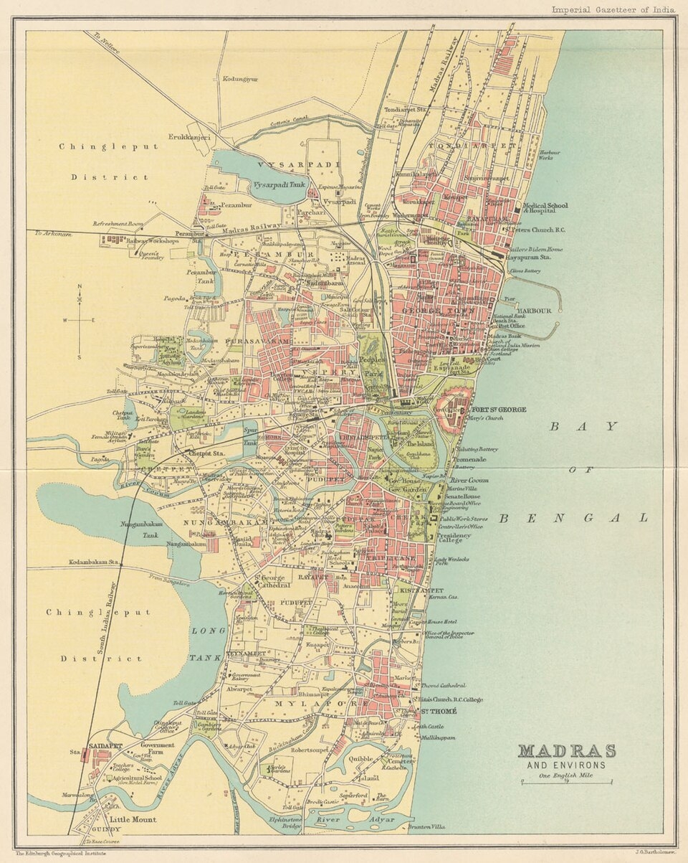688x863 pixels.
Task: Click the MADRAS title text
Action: pyautogui.click(x=566, y=751)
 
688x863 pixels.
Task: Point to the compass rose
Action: pyautogui.click(x=80, y=320)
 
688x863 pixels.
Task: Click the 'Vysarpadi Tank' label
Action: pyautogui.click(x=278, y=184)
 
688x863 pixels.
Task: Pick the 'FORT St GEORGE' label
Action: pyautogui.click(x=499, y=410)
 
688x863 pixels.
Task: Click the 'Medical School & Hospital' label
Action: pyautogui.click(x=546, y=209)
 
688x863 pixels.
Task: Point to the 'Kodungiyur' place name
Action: pyautogui.click(x=240, y=79)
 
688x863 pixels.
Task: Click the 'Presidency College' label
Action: pyautogui.click(x=455, y=539)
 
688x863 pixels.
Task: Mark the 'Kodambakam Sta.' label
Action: pyautogui.click(x=93, y=562)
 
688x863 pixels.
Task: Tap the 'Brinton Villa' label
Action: pyautogui.click(x=427, y=826)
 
